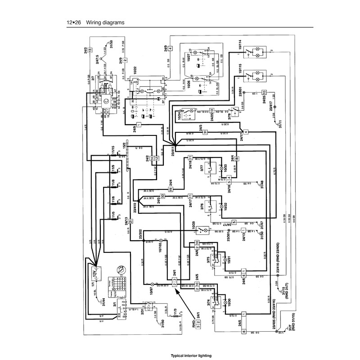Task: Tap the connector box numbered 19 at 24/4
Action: point(171,189)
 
